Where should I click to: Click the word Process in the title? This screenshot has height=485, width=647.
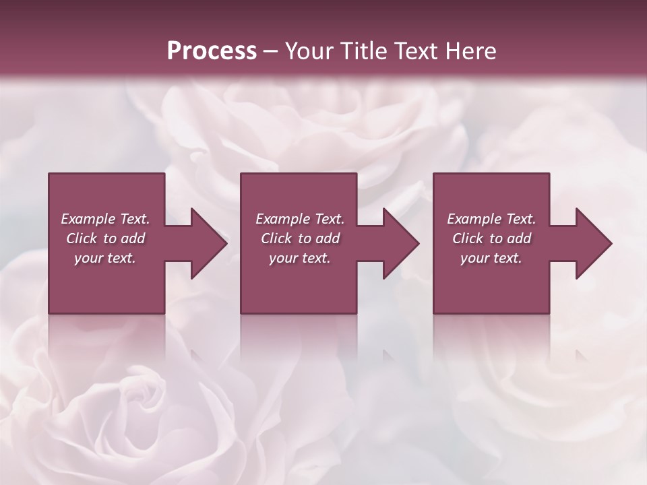212,51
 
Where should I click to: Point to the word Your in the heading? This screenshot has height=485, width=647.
310,51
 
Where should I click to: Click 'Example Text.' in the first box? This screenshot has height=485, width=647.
105,219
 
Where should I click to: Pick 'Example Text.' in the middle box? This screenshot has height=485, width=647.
300,219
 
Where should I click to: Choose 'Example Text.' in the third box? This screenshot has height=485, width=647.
491,219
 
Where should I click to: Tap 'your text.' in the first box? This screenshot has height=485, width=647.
105,258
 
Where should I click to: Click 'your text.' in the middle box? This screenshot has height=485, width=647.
300,258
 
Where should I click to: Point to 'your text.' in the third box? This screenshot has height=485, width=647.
491,258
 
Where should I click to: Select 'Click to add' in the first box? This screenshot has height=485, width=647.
105,238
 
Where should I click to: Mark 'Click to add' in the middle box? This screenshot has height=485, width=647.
300,238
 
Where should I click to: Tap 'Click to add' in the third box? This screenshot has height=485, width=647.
491,238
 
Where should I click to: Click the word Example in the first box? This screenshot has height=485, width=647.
88,219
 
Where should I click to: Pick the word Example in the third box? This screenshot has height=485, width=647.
474,219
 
